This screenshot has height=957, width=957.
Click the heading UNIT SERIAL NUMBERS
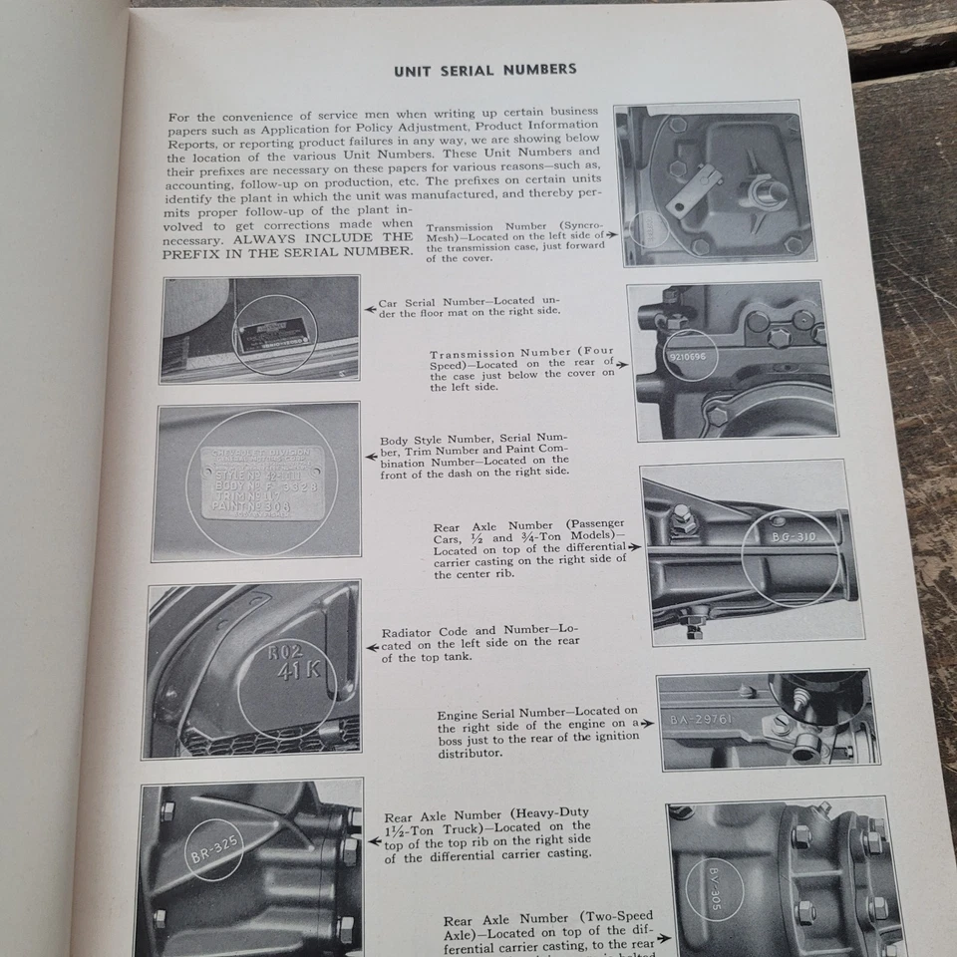tap(484, 70)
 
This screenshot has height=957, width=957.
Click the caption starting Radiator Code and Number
tap(479, 644)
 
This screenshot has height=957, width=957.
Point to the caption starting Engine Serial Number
tap(535, 732)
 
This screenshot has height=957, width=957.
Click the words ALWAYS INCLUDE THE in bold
tap(327, 238)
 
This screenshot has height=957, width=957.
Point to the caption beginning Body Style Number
tap(475, 455)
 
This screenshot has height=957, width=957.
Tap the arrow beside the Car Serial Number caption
tap(370, 305)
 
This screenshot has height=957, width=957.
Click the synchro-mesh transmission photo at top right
tap(716, 184)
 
